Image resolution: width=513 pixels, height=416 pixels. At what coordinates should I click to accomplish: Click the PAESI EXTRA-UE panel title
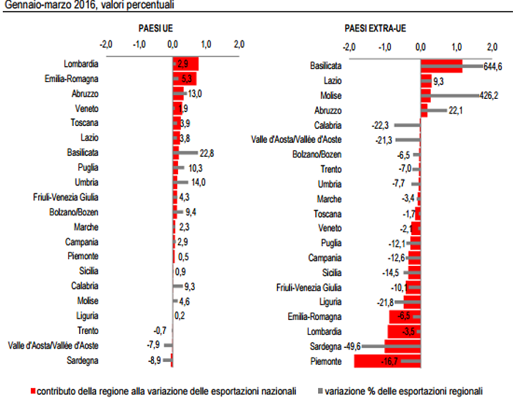click(x=375, y=29)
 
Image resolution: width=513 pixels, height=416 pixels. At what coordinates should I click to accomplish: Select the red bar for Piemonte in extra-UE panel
click(x=386, y=361)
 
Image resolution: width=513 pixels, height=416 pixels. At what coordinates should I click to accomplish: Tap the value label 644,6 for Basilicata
click(x=495, y=67)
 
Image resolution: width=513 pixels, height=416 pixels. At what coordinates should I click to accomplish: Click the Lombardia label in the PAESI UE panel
click(x=82, y=64)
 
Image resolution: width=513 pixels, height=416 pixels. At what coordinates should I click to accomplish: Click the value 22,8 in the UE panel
click(x=207, y=152)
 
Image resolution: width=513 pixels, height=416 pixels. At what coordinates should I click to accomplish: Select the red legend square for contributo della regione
click(x=34, y=391)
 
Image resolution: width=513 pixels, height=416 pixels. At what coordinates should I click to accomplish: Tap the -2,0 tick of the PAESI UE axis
click(x=106, y=44)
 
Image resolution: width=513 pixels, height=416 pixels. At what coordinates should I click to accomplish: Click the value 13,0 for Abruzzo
click(x=195, y=94)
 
